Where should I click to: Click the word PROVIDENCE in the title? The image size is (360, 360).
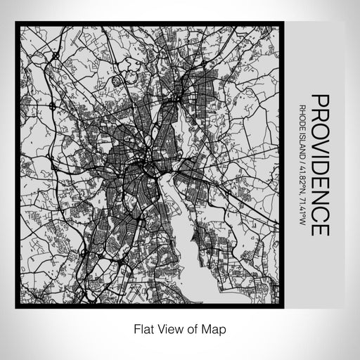point(319,165)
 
